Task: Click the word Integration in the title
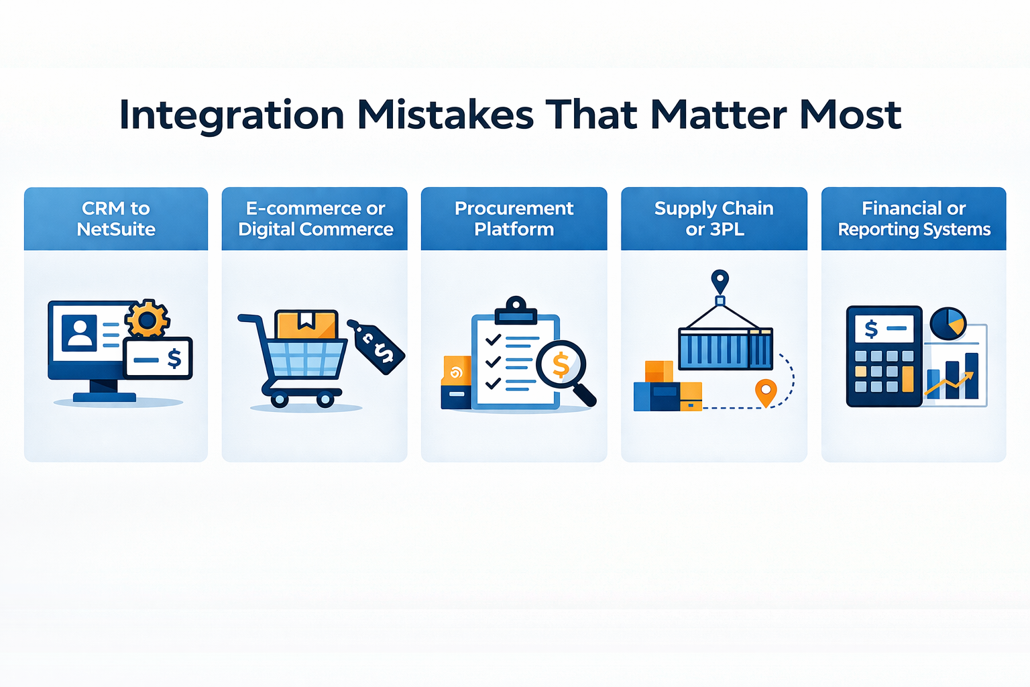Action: pyautogui.click(x=231, y=115)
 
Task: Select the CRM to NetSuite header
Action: pyautogui.click(x=116, y=219)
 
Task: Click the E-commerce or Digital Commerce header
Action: pyautogui.click(x=315, y=219)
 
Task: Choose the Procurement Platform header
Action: pyautogui.click(x=514, y=219)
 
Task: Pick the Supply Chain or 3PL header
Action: pyautogui.click(x=714, y=219)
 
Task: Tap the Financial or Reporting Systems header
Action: pyautogui.click(x=914, y=219)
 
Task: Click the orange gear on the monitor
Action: pyautogui.click(x=147, y=319)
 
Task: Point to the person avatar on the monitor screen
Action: pyautogui.click(x=79, y=333)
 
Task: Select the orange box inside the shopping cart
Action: pyautogui.click(x=306, y=325)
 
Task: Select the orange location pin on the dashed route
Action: pyautogui.click(x=766, y=392)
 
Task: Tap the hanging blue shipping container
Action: pyautogui.click(x=726, y=349)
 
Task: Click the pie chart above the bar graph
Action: pyautogui.click(x=948, y=324)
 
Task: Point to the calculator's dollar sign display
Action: pyautogui.click(x=884, y=329)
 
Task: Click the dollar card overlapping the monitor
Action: pyautogui.click(x=158, y=358)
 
